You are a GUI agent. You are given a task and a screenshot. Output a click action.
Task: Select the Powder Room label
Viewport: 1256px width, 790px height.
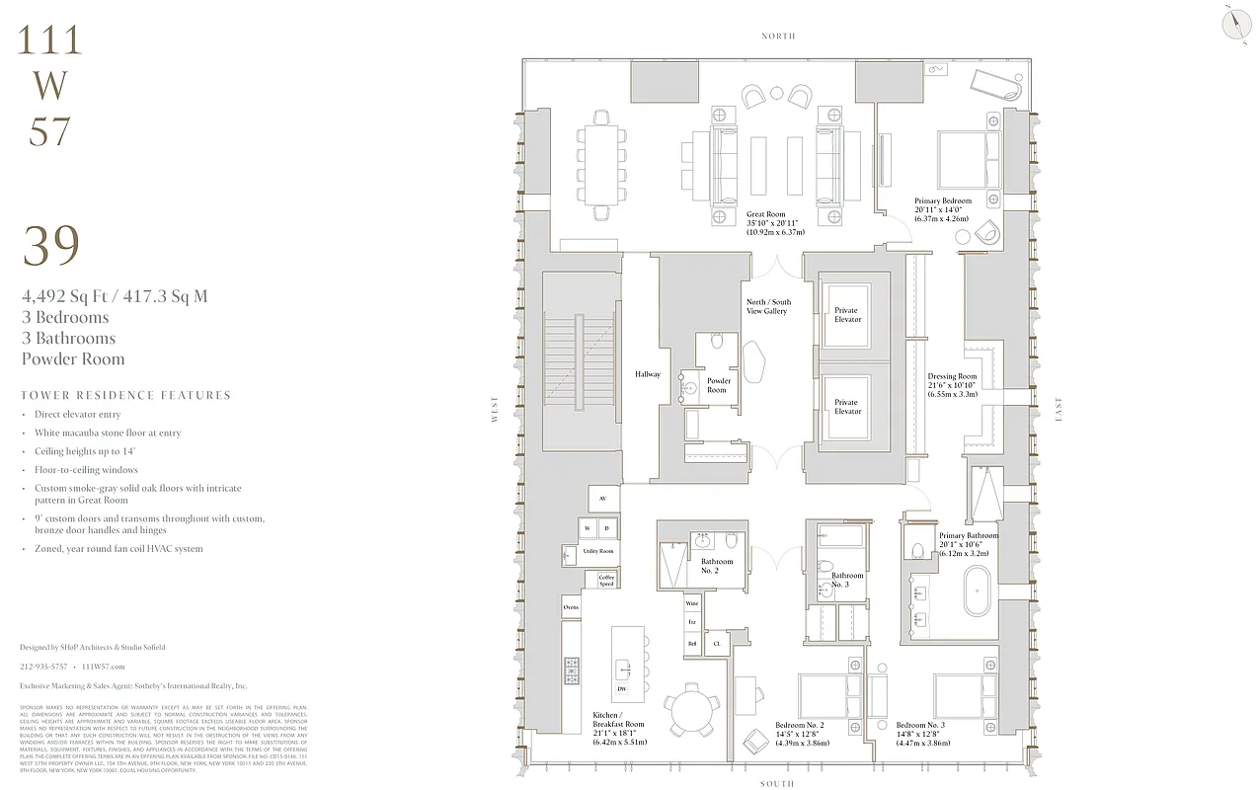click(717, 385)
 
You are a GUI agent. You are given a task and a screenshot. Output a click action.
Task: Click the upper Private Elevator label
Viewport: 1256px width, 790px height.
click(847, 315)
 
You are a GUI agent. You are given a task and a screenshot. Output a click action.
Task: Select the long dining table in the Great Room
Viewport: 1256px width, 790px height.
click(602, 162)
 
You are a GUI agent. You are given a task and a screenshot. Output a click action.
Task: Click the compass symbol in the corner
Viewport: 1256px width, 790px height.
click(1234, 24)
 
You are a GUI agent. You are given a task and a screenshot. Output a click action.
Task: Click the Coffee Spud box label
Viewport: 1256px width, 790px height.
click(606, 580)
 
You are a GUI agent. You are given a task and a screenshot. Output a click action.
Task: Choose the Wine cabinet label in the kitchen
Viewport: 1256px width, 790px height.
click(692, 603)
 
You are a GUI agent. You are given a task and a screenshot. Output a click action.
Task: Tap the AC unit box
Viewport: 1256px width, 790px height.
click(603, 499)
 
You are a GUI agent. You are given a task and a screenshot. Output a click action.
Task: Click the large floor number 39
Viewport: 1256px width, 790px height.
click(50, 247)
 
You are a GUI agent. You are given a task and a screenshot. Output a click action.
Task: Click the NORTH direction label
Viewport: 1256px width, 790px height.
click(778, 36)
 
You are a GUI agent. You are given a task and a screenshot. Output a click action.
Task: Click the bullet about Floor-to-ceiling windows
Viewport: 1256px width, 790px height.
click(86, 470)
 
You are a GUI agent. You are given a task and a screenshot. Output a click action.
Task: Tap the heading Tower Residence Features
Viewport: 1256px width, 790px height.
click(125, 395)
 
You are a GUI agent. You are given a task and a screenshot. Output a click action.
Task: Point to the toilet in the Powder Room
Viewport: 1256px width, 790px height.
click(718, 342)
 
